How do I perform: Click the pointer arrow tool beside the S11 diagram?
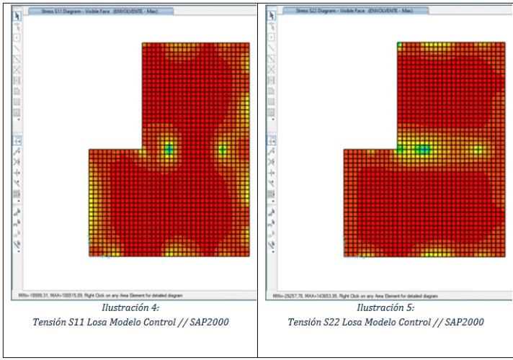18,14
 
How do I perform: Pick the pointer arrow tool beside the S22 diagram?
272,14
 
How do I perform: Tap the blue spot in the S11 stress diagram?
169,149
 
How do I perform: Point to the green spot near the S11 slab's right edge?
223,149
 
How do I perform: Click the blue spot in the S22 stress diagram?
424,149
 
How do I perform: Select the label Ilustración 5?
384,307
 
